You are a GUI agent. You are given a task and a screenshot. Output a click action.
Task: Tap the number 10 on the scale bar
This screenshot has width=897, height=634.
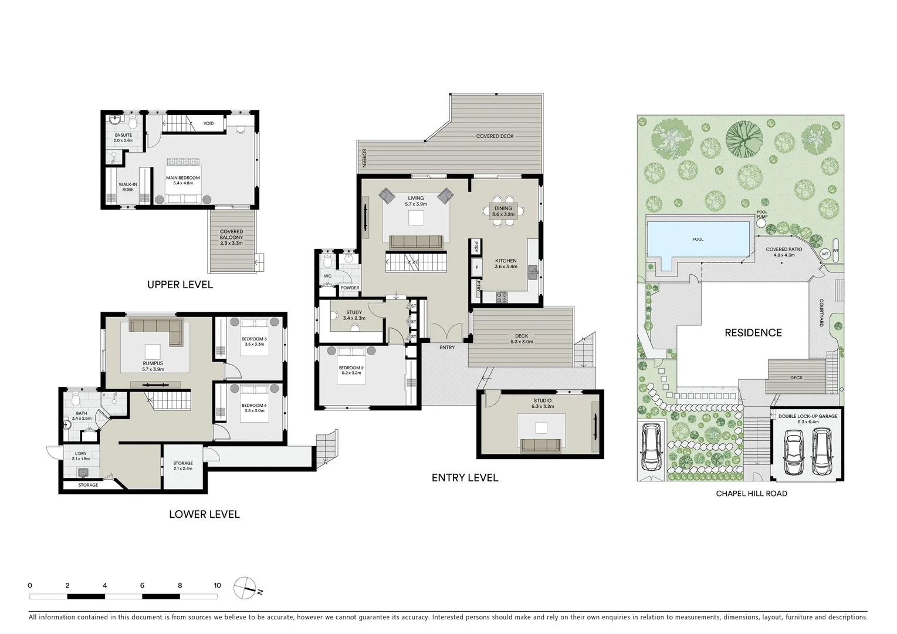(x=217, y=585)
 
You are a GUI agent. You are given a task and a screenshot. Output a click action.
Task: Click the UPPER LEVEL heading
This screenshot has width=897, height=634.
(x=180, y=285)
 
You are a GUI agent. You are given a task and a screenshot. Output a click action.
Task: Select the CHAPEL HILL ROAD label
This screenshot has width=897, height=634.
(x=751, y=494)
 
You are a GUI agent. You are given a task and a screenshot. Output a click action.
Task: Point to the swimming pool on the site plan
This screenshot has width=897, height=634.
(x=698, y=240)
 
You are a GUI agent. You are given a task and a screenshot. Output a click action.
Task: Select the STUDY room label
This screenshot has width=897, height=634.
(x=354, y=313)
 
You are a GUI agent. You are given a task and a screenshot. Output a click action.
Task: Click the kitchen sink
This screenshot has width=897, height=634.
(x=533, y=271)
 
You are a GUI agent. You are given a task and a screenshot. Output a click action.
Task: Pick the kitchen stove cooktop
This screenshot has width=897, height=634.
(x=503, y=297)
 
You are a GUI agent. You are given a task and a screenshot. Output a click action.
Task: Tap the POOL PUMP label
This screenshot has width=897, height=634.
(x=761, y=215)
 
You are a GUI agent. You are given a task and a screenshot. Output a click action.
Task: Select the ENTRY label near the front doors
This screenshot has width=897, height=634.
(x=446, y=348)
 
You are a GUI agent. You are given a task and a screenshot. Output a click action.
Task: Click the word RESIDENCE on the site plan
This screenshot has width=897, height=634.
(x=753, y=333)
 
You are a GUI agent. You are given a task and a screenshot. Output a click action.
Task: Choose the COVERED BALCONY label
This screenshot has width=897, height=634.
(x=231, y=235)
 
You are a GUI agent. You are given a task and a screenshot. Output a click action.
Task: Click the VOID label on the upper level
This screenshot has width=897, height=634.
(x=208, y=123)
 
